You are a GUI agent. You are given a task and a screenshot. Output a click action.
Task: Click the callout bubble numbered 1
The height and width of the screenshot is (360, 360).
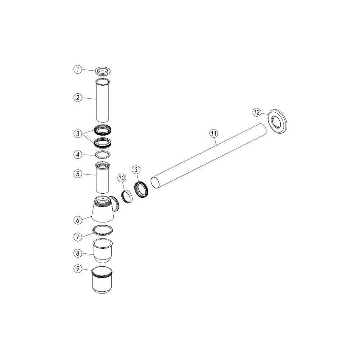(78, 69)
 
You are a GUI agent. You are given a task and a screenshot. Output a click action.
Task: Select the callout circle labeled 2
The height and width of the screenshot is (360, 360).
(78, 98)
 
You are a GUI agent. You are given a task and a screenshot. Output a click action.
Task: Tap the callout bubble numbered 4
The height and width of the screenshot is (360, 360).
(78, 155)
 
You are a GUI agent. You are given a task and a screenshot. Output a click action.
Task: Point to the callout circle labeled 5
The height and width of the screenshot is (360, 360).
(78, 174)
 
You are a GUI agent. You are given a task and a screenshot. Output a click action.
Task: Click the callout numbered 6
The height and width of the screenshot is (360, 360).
(78, 220)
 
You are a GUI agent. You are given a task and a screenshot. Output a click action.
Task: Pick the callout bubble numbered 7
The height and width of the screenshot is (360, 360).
(78, 237)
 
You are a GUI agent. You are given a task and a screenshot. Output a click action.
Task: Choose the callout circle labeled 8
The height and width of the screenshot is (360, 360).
(78, 253)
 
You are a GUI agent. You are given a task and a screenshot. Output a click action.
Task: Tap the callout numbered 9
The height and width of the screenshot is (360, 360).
(78, 269)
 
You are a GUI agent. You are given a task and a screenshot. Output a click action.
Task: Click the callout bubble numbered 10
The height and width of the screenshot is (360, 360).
(122, 178)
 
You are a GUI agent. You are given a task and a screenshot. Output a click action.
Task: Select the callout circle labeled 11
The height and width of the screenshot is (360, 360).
(214, 133)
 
